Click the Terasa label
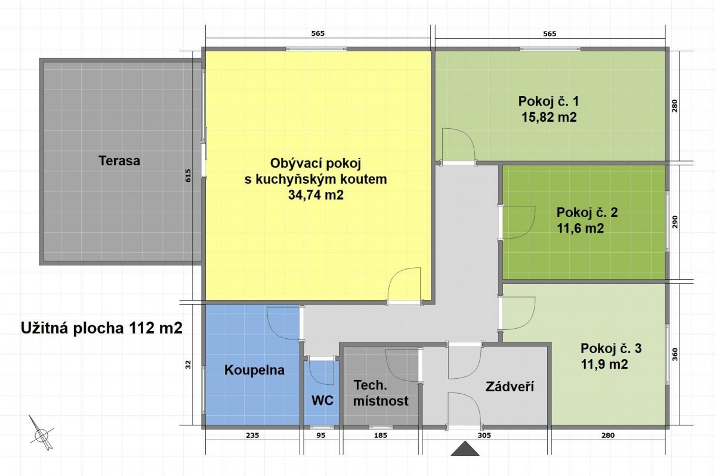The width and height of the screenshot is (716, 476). tap(119, 160)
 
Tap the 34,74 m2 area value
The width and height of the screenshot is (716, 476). tap(316, 195)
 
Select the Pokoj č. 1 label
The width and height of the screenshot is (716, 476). tap(548, 101)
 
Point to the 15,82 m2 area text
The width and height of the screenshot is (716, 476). tap(549, 118)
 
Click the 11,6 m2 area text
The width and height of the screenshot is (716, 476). tap(581, 228)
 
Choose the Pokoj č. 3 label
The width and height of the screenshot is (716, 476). tap(611, 348)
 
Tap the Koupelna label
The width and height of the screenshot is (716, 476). tap(254, 370)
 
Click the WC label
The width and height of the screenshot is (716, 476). tap(323, 400)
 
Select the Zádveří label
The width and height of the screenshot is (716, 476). tap(510, 387)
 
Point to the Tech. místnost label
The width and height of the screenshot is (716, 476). tap(381, 393)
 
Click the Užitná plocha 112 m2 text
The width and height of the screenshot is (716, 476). tap(101, 328)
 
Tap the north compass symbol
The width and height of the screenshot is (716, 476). tap(42, 434)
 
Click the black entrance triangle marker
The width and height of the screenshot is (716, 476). tap(465, 449)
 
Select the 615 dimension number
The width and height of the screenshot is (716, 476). tap(188, 176)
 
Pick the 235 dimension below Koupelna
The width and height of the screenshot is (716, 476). tap(252, 435)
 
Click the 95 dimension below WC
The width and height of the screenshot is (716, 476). tap(320, 435)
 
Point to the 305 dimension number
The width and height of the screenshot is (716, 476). tap(484, 435)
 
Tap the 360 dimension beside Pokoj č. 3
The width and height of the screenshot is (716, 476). tap(675, 354)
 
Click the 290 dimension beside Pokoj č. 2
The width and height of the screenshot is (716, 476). tap(675, 222)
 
